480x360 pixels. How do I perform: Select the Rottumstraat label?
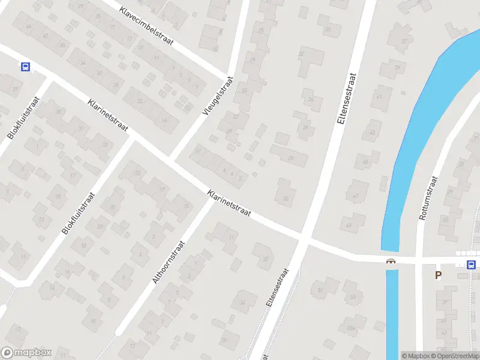pyautogui.click(x=430, y=198)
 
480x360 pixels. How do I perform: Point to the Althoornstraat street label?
pyautogui.click(x=170, y=263)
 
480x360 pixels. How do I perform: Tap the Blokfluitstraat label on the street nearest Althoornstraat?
pyautogui.click(x=79, y=213)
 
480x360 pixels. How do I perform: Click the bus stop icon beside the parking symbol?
pyautogui.click(x=472, y=265)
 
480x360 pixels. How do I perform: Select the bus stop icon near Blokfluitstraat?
pyautogui.click(x=25, y=67)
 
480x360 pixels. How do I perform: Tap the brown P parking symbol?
pyautogui.click(x=438, y=275)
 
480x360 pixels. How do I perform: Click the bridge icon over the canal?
pyautogui.click(x=391, y=262)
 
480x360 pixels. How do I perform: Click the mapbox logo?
pyautogui.click(x=26, y=353)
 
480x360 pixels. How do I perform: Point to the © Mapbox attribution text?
pyautogui.click(x=415, y=356)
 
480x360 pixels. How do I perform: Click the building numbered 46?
pyautogui.click(x=28, y=27)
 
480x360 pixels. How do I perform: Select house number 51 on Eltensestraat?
pyautogui.click(x=320, y=290)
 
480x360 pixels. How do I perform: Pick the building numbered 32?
pyautogui.click(x=265, y=259)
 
